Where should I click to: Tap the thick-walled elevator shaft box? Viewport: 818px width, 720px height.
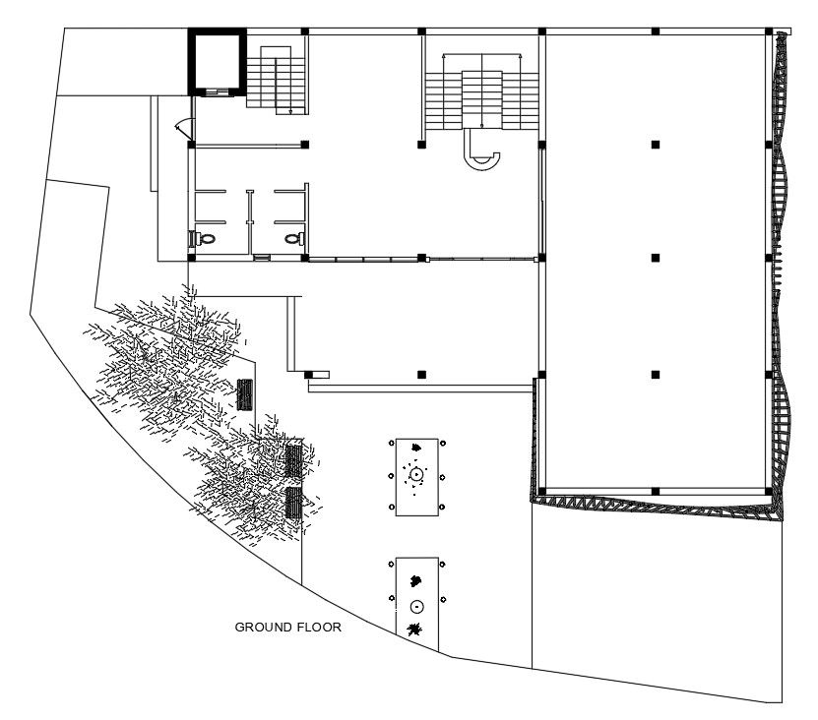(217, 62)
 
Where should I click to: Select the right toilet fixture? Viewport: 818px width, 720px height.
(292, 238)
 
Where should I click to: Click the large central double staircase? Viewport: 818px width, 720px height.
(482, 93)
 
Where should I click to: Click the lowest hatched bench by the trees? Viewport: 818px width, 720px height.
(293, 503)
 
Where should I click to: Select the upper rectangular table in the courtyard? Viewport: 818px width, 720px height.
(417, 477)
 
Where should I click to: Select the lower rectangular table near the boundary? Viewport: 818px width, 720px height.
(417, 596)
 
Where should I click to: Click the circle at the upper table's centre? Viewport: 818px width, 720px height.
(416, 475)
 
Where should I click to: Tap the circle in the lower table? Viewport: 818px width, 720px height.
(416, 606)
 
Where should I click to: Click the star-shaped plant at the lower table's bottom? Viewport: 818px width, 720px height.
(416, 630)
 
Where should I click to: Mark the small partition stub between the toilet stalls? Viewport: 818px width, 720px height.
(250, 208)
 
